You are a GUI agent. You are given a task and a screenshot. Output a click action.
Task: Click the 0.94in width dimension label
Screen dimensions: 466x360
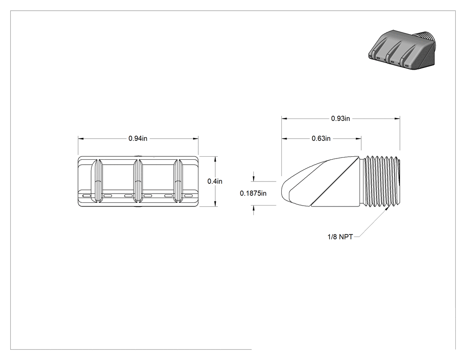[138, 138]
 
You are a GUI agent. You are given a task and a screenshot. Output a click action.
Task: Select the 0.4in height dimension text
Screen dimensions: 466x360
[215, 182]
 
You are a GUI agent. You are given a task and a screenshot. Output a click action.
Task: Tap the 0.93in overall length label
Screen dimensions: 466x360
[340, 119]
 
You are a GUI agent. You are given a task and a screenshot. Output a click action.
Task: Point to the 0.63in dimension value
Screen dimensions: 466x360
[321, 138]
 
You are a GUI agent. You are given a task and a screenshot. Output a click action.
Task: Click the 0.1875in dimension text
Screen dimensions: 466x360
[253, 194]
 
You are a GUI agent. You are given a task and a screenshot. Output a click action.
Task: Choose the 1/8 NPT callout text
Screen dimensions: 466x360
[340, 237]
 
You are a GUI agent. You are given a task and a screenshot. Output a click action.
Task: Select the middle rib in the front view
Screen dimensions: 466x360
[137, 182]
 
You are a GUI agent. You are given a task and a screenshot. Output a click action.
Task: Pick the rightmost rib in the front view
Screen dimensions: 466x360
[178, 182]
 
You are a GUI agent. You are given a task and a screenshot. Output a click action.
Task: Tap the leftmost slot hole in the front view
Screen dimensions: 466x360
[87, 196]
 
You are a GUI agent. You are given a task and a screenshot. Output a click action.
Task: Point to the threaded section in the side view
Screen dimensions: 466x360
[382, 182]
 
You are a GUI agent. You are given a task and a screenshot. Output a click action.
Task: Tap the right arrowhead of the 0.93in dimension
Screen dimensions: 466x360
[397, 119]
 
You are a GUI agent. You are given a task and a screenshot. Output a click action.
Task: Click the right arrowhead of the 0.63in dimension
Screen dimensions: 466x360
[359, 138]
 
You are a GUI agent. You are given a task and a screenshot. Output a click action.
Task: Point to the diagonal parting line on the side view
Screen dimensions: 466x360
[335, 182]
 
